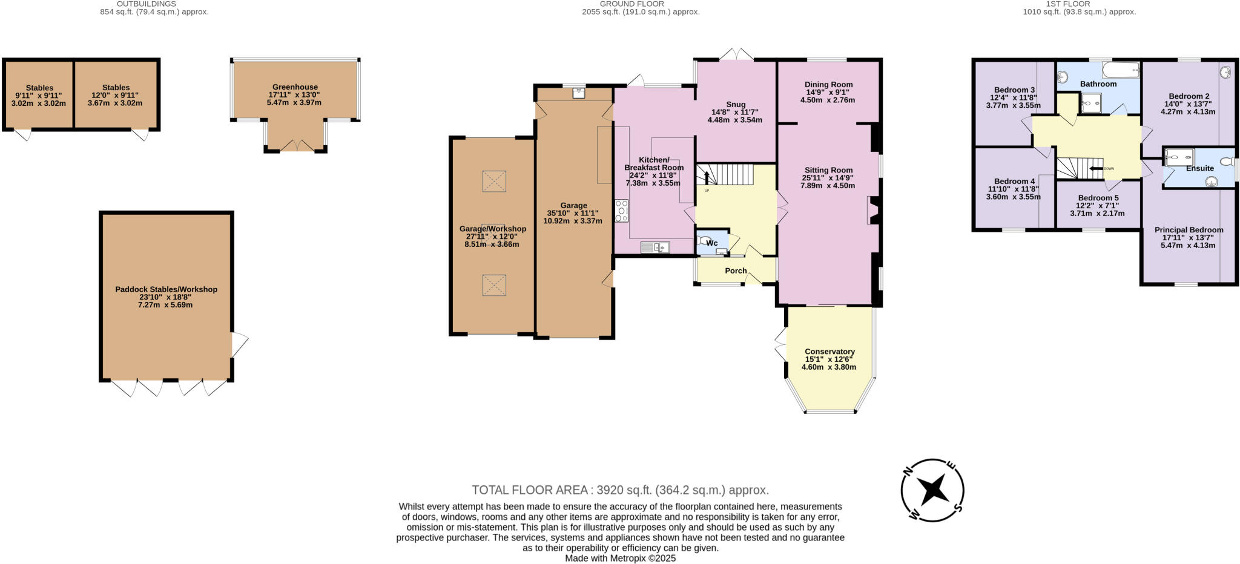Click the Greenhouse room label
(295, 87)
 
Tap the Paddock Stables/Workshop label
(166, 289)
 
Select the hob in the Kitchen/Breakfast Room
(621, 211)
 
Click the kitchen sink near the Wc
(655, 247)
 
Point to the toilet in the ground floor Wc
(704, 240)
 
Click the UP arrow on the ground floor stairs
(706, 177)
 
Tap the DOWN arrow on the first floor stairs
(1095, 168)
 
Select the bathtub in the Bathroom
(1120, 70)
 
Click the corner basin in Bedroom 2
(1226, 72)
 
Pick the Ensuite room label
(1199, 168)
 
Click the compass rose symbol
(932, 490)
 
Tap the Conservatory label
(829, 352)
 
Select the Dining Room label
(828, 85)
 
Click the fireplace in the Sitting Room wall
(872, 211)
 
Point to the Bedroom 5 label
(1098, 198)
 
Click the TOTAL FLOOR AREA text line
(620, 490)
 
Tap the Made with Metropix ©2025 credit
(620, 558)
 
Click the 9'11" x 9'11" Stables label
(39, 96)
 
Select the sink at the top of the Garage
(578, 93)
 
